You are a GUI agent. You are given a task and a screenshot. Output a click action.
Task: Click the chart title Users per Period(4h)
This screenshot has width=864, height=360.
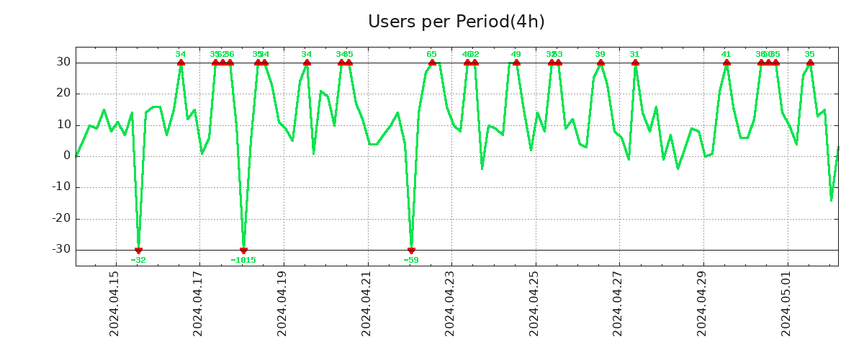tap(456, 22)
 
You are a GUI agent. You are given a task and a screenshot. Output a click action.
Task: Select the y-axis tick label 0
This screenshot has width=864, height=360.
tap(66, 156)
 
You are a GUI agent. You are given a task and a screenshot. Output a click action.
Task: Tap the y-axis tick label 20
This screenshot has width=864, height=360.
tap(63, 94)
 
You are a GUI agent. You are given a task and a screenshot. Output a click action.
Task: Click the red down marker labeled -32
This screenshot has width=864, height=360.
tap(138, 251)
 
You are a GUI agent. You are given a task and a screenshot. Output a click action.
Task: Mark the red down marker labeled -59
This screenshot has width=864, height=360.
tap(411, 251)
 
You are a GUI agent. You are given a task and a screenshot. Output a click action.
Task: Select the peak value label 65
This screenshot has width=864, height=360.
tap(432, 54)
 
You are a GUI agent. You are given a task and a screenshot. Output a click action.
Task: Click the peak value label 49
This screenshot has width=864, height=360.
tap(516, 54)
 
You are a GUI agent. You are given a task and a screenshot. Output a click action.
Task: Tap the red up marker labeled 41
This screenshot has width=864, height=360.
tap(726, 63)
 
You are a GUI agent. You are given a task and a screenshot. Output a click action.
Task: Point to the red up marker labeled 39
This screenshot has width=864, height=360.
tap(600, 63)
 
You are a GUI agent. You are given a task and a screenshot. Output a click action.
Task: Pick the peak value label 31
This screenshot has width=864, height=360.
tap(634, 54)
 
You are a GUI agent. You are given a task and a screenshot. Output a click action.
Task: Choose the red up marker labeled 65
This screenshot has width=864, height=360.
tap(432, 63)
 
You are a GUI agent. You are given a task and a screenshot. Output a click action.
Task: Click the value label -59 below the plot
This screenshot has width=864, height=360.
tap(411, 260)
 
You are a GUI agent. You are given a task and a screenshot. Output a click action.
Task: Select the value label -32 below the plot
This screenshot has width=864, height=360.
tap(138, 260)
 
